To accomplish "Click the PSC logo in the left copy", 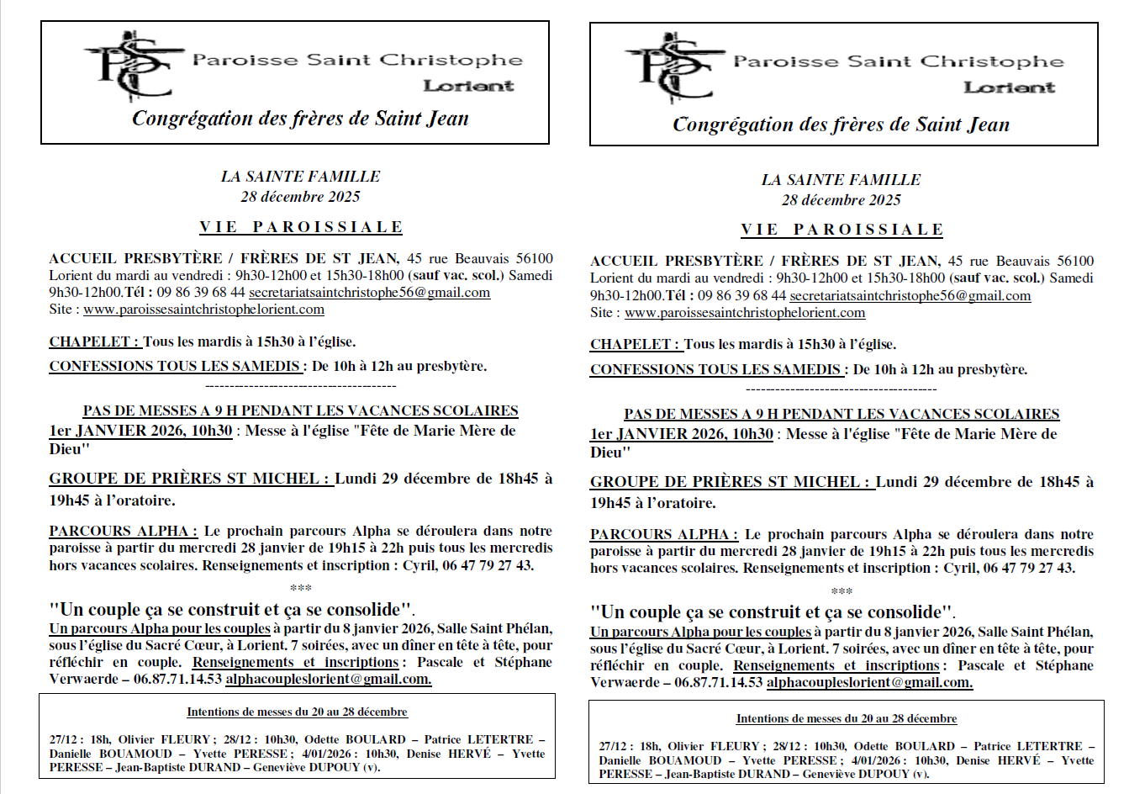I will pos(132,67).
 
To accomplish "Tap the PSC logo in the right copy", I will pos(673,69).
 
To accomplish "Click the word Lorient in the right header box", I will pos(1009,87).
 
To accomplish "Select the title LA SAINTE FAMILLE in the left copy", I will pos(300,177).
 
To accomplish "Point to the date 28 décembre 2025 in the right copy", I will pos(841,200).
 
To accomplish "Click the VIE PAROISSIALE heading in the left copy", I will pos(301,227).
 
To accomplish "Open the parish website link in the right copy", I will pos(745,313).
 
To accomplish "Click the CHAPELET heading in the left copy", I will pos(94,342).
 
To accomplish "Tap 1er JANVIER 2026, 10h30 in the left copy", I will pos(140,431).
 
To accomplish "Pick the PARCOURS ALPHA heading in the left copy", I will pos(123,531).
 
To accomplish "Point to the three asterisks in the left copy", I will pos(300,588).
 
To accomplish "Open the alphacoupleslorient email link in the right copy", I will pos(869,682).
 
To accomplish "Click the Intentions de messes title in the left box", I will pos(297,712).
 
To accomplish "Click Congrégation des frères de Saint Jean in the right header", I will pos(841,125).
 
